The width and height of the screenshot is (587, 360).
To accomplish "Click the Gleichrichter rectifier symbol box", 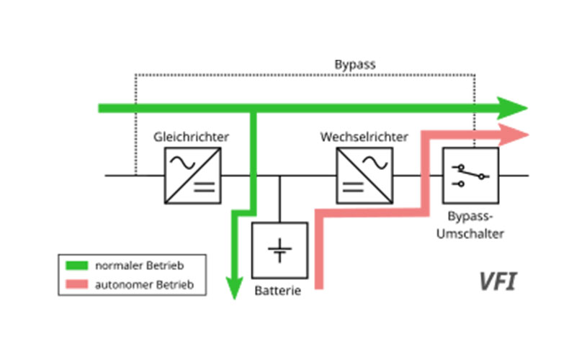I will click(x=192, y=175).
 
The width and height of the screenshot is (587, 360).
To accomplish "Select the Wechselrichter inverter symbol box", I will click(x=364, y=175).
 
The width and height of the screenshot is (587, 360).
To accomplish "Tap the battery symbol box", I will click(x=279, y=250).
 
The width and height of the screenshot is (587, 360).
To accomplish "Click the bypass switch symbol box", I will click(x=470, y=175).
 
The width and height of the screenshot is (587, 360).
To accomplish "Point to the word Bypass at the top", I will click(x=354, y=64).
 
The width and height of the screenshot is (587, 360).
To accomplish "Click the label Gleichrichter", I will click(x=192, y=136).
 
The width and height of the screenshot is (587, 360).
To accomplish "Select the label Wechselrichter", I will click(x=364, y=136).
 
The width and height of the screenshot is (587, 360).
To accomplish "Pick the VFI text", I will click(x=497, y=281).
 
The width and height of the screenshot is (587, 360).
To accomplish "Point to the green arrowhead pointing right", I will click(x=514, y=109).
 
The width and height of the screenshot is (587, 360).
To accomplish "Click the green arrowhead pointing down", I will click(x=233, y=289).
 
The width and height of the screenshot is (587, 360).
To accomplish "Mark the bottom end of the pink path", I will click(x=318, y=286).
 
